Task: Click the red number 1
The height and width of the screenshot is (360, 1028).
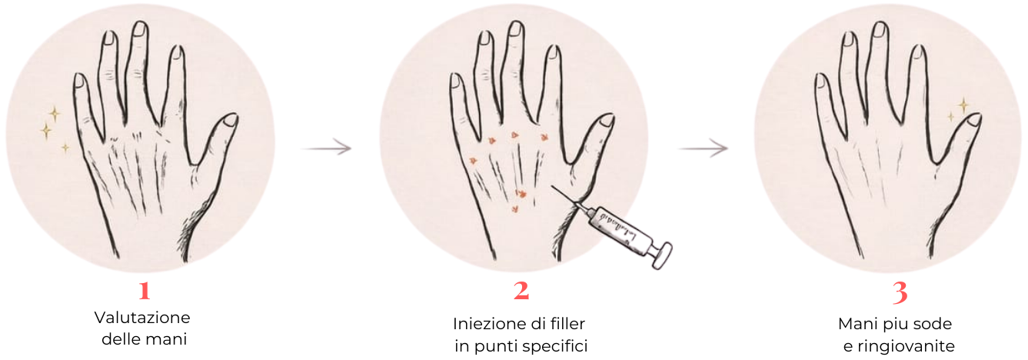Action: (145, 291)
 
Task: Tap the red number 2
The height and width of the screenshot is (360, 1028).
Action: (521, 291)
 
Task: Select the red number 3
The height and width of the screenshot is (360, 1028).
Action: (900, 292)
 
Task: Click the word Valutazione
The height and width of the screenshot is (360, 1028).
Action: (142, 318)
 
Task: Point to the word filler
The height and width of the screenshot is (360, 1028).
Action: (564, 324)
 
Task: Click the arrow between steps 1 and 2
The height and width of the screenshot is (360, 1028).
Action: (326, 148)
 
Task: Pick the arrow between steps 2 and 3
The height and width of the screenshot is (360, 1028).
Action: (703, 148)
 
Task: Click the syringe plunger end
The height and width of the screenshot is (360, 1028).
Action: (662, 255)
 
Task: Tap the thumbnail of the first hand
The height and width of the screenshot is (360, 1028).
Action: (231, 120)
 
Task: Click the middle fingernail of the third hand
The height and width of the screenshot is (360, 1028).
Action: (880, 29)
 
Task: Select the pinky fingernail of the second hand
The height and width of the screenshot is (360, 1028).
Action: (455, 81)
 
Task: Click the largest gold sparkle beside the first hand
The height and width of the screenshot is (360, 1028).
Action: (46, 131)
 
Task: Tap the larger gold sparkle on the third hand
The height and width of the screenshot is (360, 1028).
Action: (963, 105)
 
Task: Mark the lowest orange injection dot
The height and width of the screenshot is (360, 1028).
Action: (515, 210)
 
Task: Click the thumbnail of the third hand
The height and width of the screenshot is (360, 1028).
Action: (974, 120)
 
